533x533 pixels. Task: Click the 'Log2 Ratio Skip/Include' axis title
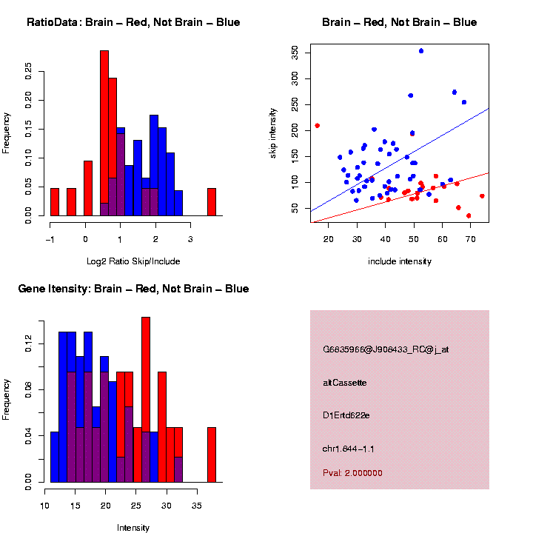click(x=133, y=261)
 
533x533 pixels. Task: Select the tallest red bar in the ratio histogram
click(x=104, y=133)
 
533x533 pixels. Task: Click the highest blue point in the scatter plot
click(x=421, y=51)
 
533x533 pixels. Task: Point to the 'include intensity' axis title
click(x=400, y=261)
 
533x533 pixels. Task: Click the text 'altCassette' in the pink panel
click(x=344, y=383)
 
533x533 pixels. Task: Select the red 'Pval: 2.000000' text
click(x=352, y=473)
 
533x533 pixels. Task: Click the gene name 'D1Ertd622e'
click(x=346, y=415)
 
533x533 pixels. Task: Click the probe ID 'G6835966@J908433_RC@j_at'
click(x=386, y=349)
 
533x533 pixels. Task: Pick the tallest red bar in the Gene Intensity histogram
click(x=146, y=400)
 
